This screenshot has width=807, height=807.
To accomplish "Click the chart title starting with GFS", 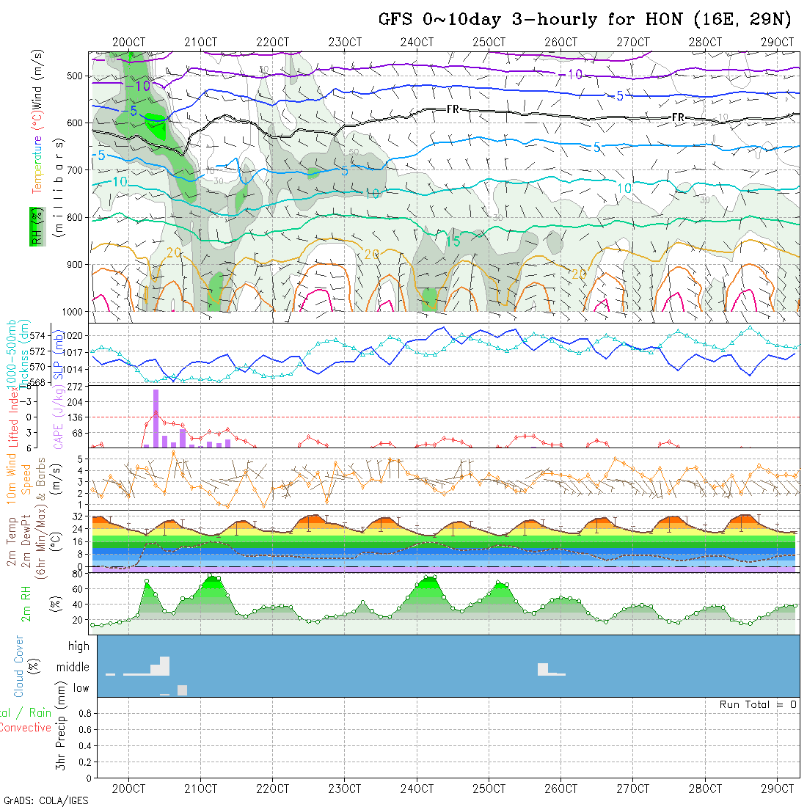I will coord(585,19).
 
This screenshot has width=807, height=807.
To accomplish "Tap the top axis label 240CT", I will coord(417,42).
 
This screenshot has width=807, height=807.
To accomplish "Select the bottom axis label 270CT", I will coord(632,789).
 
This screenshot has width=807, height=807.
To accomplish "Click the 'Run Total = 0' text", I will coord(758,704).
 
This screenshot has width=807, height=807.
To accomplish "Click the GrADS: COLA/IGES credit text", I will coord(45,800).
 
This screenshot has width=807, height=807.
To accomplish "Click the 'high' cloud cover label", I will coord(78,646).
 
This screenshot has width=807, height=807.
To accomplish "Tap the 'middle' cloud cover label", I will coord(73,668).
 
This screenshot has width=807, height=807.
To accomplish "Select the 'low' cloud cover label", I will coord(81,688).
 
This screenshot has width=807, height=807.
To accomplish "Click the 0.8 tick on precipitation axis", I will coord(83,713).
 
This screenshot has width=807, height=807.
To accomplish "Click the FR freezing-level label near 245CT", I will coord(453,109).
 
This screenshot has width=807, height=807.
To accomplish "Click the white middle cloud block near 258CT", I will coord(543,668).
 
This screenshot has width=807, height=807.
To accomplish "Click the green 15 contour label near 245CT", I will coord(453,241).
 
